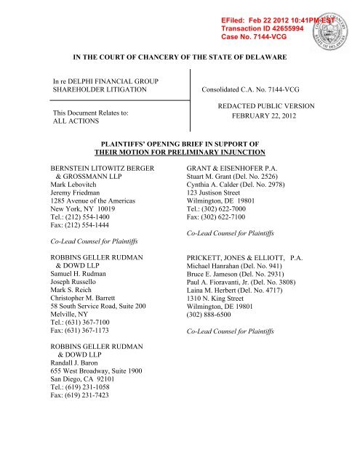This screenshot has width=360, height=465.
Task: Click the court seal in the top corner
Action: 334,23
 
